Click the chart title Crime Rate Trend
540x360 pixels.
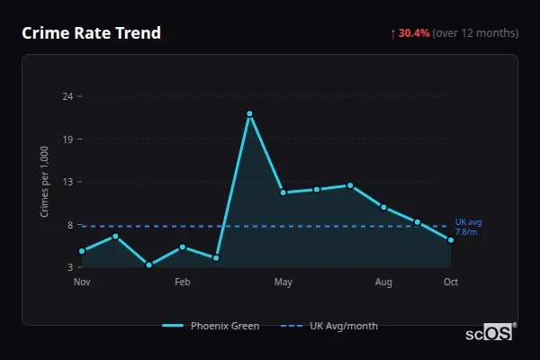91,33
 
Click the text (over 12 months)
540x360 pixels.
475,33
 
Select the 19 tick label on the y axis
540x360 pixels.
67,139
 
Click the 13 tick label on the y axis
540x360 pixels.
67,182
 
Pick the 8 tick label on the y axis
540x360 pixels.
70,225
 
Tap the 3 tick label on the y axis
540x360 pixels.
70,267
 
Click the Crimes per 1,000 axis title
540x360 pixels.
46,181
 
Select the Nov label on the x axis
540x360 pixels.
82,283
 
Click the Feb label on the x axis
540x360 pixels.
183,283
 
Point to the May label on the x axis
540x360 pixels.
283,283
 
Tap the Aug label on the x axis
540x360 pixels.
383,283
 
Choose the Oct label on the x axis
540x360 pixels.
451,283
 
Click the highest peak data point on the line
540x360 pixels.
249,113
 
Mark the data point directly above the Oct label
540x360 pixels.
451,239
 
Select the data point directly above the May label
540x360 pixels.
283,193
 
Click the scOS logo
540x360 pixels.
490,333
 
